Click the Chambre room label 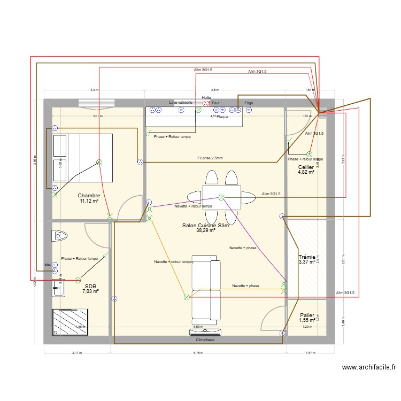tap(89, 196)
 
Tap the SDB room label tap(90, 286)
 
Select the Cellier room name tap(306, 167)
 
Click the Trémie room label tap(307, 257)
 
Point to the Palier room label tap(307, 315)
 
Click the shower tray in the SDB tap(75, 322)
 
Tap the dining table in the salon tap(221, 197)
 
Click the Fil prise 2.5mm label tap(210, 158)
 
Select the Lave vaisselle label tap(180, 102)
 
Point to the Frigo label tap(249, 103)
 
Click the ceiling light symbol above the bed tap(99, 162)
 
